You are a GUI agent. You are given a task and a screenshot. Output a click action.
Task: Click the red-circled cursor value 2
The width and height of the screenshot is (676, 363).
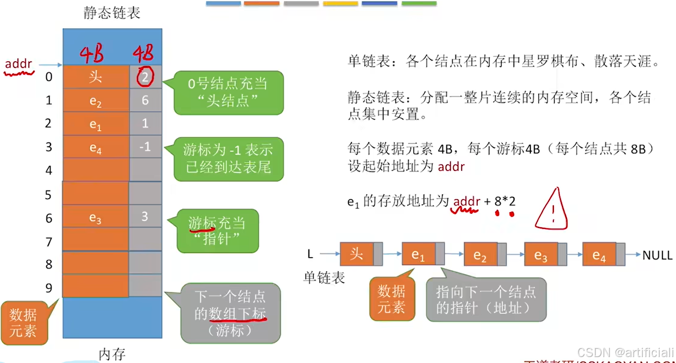point(145,77)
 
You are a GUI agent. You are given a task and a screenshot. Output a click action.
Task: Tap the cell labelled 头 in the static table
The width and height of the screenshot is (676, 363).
point(96,77)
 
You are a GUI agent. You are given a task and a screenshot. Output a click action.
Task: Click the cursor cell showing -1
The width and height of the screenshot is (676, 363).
point(145,147)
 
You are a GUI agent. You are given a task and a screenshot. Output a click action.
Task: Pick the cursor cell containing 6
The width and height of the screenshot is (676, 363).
point(145,100)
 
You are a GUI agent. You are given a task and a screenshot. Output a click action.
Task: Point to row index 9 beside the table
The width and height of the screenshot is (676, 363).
point(49,288)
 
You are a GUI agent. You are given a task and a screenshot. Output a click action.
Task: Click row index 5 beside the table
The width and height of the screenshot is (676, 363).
point(49,194)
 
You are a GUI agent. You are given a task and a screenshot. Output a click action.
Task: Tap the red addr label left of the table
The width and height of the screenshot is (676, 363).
point(19,65)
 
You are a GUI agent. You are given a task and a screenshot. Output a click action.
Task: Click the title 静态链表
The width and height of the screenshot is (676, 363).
point(112,13)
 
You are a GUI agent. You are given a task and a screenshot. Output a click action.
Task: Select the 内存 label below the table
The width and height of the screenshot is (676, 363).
point(112,354)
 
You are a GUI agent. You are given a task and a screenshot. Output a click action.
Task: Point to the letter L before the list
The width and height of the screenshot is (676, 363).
point(310,254)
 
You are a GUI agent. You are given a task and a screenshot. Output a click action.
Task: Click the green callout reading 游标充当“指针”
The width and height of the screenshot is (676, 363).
point(217,230)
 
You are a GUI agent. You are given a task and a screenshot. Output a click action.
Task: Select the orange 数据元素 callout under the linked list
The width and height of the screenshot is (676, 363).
point(391,300)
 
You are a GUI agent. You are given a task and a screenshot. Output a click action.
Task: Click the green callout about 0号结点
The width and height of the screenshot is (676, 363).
point(228,92)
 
